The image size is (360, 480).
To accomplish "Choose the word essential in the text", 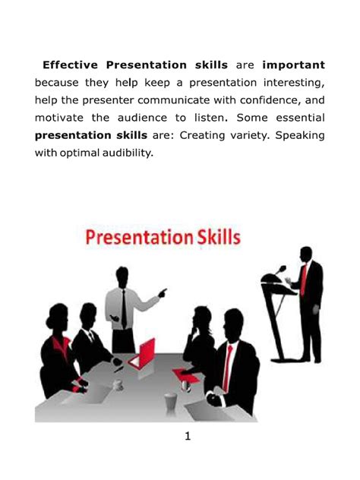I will click(x=295, y=118).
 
